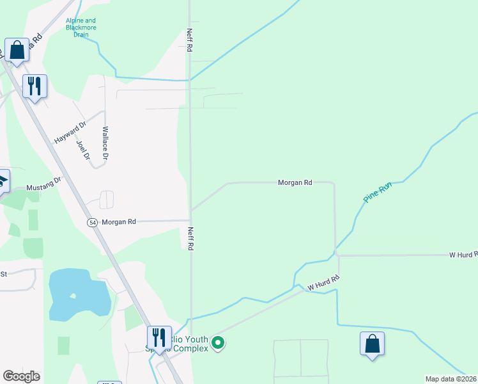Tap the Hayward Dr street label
point(70,132)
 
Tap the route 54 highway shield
point(93,222)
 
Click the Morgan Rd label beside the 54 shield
point(119,222)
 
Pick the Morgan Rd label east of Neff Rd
point(295,182)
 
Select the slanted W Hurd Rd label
point(323,283)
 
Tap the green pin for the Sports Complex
point(218,344)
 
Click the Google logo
point(21,376)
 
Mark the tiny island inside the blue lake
point(73,296)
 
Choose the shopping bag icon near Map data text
point(372,344)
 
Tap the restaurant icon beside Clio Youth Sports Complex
point(159,337)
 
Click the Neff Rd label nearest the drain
point(190,39)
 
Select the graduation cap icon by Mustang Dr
point(3,180)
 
